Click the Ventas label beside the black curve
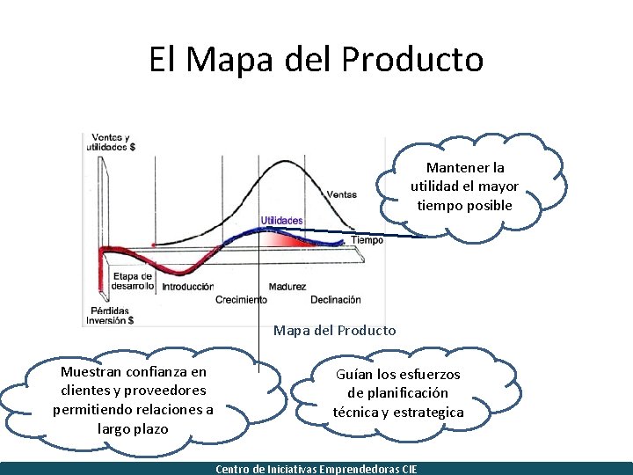click(x=341, y=194)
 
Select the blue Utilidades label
click(x=281, y=220)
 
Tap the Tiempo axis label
click(x=367, y=240)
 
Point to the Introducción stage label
click(x=187, y=287)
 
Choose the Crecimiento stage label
click(x=241, y=300)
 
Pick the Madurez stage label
click(x=287, y=287)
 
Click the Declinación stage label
click(x=335, y=300)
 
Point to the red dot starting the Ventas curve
click(x=154, y=245)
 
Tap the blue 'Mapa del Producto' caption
click(x=334, y=331)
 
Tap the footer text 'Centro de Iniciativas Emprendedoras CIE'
click(x=316, y=469)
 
